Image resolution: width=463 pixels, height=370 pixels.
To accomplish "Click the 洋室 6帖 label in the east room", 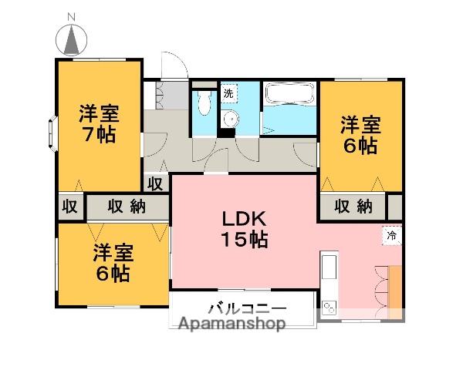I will tap(360, 134).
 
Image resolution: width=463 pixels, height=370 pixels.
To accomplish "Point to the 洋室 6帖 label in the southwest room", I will tap(113, 262).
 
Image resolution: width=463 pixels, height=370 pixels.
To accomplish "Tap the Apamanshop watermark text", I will tap(232, 325).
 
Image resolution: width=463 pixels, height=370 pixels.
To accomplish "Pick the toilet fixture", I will tap(203, 102).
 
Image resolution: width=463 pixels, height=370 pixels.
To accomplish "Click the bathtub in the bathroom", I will tap(289, 96).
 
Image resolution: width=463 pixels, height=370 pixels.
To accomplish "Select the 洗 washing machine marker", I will tap(228, 93).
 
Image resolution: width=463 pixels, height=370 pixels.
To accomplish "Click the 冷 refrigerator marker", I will tap(392, 236).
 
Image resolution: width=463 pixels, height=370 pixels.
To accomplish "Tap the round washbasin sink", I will tap(229, 119).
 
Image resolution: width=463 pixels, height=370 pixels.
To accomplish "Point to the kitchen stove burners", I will tap(329, 306).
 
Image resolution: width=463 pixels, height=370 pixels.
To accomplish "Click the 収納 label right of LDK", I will tap(353, 206).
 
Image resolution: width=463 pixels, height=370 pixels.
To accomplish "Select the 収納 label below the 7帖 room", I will tap(127, 207).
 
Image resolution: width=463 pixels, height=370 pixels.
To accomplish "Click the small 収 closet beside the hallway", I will tap(155, 183).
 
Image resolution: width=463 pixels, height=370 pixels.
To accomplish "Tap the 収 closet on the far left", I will tap(69, 207).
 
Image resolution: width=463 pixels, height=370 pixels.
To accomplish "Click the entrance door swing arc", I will tap(174, 65).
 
